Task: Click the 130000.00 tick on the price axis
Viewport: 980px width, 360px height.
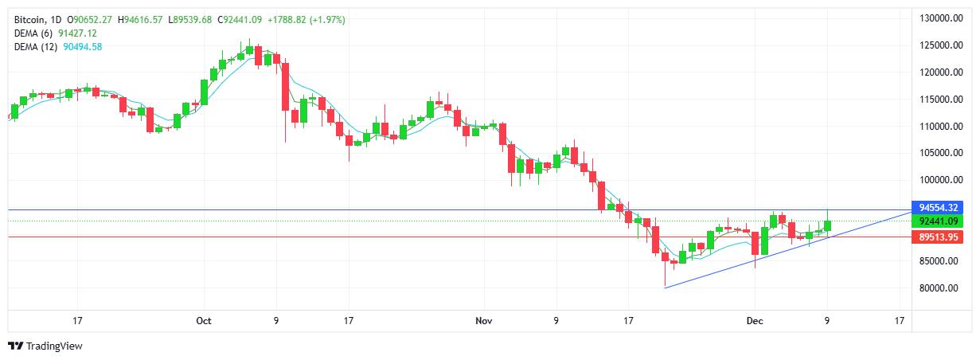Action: [938, 18]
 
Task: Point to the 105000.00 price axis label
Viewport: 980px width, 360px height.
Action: [938, 153]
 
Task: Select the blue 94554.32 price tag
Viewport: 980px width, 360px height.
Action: [938, 208]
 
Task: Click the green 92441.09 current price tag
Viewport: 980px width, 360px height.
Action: [938, 221]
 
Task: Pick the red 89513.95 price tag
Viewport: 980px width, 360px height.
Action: [938, 237]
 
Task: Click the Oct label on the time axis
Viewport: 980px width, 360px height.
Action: [203, 321]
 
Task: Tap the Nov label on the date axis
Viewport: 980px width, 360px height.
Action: [482, 321]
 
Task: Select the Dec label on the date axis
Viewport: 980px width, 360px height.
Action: [754, 321]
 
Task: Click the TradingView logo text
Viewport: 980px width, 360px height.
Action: [54, 346]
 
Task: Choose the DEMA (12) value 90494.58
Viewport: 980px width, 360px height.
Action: [83, 46]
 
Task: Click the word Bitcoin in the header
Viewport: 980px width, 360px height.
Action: [29, 19]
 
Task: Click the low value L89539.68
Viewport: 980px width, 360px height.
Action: [190, 19]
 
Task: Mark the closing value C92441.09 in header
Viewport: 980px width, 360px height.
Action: [241, 19]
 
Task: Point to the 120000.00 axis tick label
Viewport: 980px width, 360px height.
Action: [938, 72]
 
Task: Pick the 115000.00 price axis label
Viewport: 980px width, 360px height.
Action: [938, 100]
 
